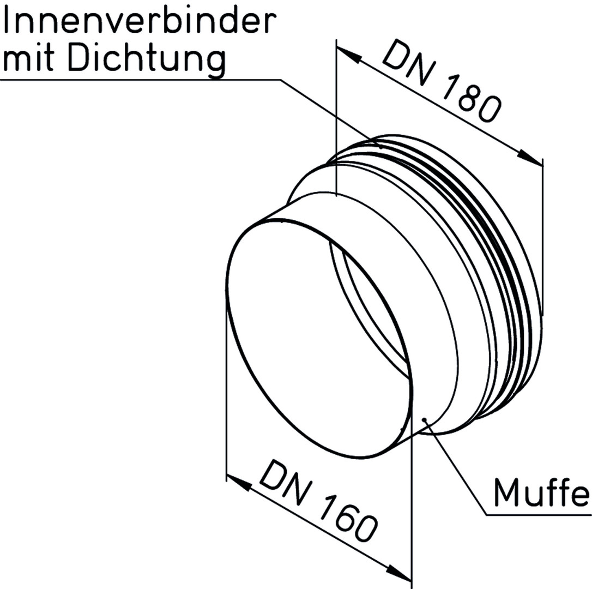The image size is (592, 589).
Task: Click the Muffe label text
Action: click(x=541, y=493)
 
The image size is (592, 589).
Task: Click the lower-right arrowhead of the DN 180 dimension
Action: click(x=530, y=158)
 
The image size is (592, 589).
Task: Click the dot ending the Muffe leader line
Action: click(x=424, y=419)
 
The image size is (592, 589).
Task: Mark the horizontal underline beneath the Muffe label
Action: click(x=539, y=515)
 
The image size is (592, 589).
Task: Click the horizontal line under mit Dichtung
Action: click(x=141, y=80)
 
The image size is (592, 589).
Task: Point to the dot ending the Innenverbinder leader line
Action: click(x=380, y=147)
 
